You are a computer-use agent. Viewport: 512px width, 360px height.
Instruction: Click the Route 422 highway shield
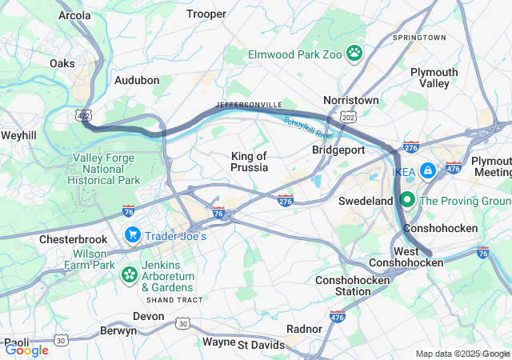coord(85,117)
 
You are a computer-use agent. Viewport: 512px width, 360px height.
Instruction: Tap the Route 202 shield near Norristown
coord(349,117)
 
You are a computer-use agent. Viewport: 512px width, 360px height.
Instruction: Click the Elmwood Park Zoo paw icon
coord(354,54)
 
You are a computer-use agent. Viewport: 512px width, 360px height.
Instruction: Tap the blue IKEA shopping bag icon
coord(429,170)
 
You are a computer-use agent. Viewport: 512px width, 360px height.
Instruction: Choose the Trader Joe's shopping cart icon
coord(132,235)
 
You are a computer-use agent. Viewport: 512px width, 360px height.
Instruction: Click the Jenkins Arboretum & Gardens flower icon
coord(129,274)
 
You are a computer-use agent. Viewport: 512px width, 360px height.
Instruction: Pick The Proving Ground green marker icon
coord(407,200)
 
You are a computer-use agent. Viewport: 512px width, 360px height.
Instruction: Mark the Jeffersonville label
coord(249,105)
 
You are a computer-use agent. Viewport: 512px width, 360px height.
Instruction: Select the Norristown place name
coord(350,100)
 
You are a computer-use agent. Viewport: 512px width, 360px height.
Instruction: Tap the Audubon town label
coord(137,80)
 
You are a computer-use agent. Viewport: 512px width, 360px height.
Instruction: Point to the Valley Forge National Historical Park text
coord(106,169)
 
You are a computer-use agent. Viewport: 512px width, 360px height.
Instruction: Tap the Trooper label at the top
coord(206,14)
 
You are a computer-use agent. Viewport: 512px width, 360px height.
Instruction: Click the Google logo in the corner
coord(27,350)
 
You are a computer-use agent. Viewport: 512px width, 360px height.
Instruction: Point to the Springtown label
coord(420,38)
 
